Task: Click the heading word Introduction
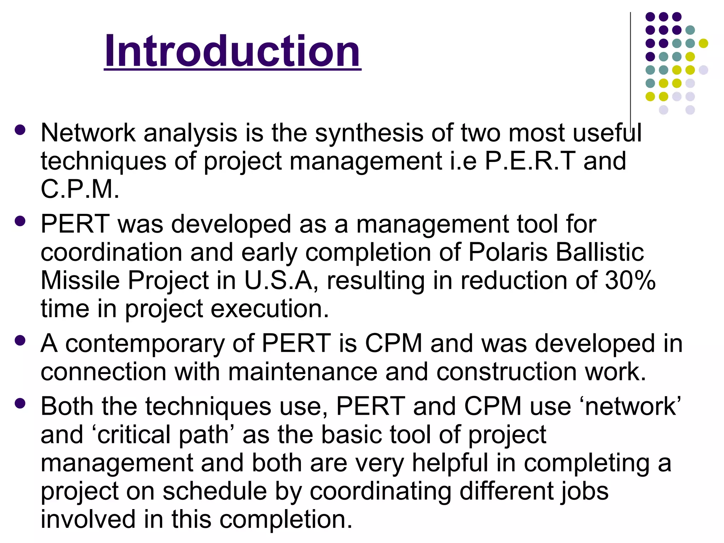pos(232,51)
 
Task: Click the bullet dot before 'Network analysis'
pos(20,130)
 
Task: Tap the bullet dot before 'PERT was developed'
pos(20,221)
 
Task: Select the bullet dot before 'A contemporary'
pos(20,340)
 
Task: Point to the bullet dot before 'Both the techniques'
pos(20,403)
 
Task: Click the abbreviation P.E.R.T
pos(530,161)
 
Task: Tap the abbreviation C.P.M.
pos(80,189)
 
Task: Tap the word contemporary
pos(145,344)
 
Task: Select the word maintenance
pos(303,372)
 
